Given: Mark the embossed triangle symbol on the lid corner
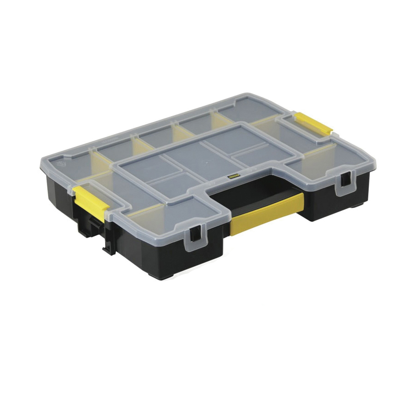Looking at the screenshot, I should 59,162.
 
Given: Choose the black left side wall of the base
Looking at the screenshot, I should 60,193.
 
